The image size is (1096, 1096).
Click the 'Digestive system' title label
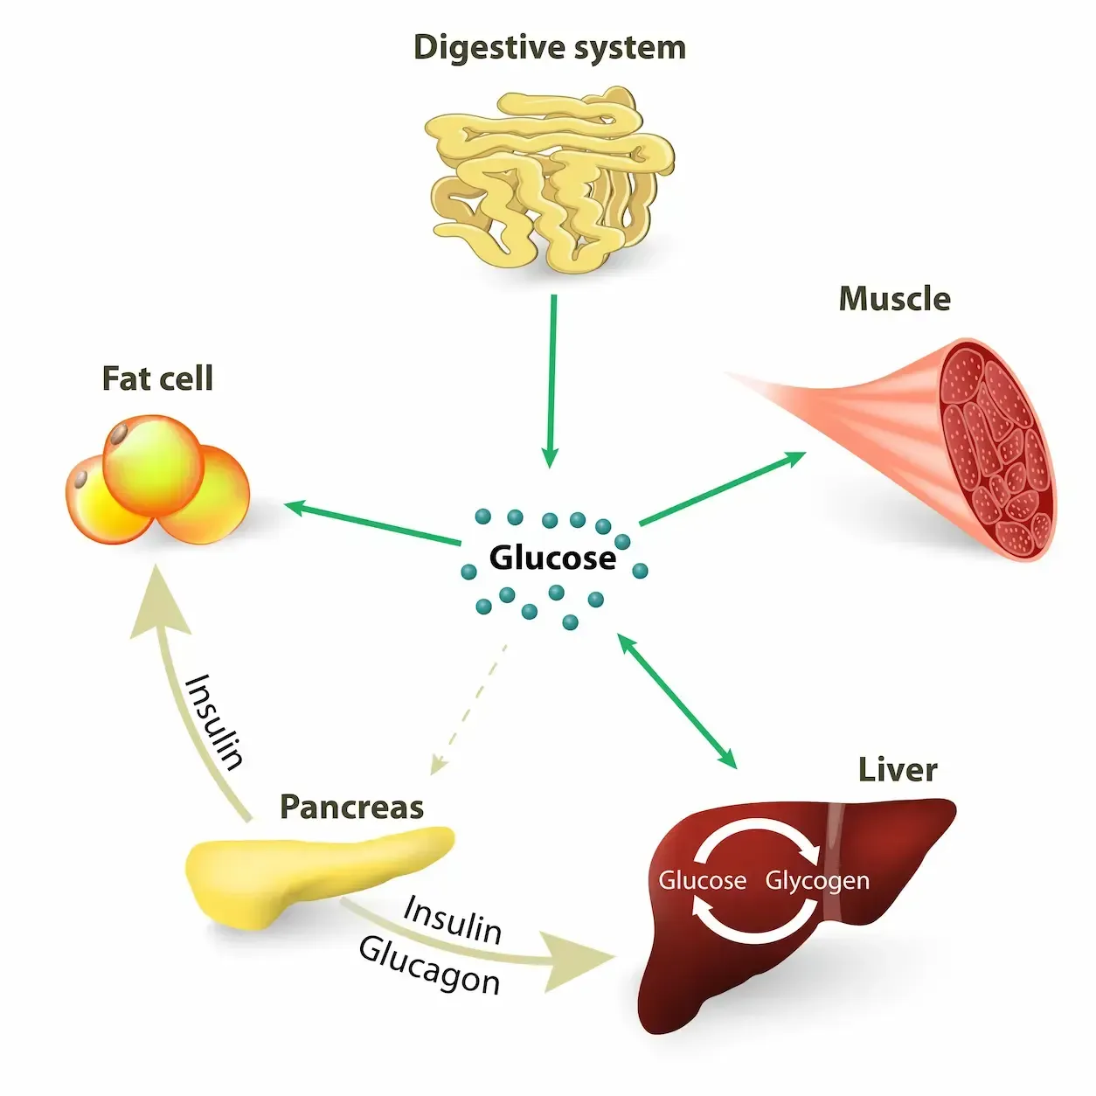[x=549, y=47]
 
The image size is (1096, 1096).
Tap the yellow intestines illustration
[x=551, y=178]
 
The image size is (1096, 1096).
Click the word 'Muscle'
[x=894, y=299]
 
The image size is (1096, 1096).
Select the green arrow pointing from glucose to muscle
[x=722, y=489]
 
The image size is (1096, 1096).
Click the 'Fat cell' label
[x=157, y=378]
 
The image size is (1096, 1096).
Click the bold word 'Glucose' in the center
[x=552, y=558]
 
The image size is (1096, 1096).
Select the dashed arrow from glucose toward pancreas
[x=469, y=709]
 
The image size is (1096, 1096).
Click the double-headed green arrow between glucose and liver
[x=677, y=701]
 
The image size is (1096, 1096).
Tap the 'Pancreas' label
[x=351, y=807]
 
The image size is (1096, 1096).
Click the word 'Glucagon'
[x=429, y=965]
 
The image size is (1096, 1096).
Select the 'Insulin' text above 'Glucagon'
[x=453, y=920]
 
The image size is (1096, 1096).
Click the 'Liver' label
[x=898, y=770]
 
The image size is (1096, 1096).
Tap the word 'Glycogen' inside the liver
[x=817, y=881]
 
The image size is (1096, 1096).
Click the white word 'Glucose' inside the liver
[x=702, y=880]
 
